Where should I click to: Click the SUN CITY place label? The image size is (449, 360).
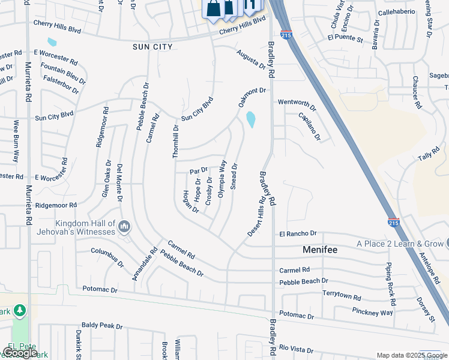tap(152, 47)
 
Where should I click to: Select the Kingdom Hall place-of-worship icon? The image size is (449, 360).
tap(124, 227)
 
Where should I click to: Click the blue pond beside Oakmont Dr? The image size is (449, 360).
tap(250, 120)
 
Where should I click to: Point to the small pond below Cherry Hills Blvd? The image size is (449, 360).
tap(52, 43)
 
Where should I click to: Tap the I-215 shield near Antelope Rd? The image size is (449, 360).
tap(393, 222)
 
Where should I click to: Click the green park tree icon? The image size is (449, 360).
tap(20, 310)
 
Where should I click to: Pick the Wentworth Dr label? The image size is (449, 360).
tap(297, 103)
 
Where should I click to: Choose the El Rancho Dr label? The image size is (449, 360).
tap(298, 233)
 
